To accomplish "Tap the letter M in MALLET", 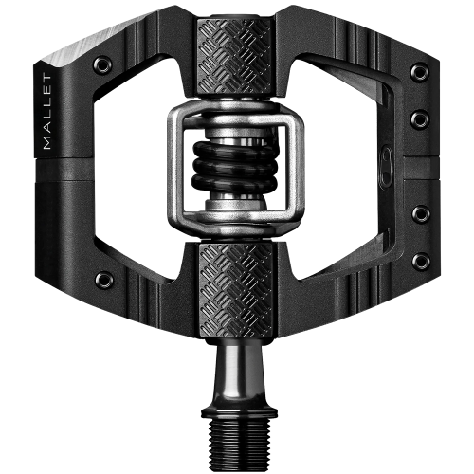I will tap(47, 144).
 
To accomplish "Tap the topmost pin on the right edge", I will tap(420, 72).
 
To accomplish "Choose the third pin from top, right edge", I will tap(421, 213).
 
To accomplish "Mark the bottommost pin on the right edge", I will tap(421, 260).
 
